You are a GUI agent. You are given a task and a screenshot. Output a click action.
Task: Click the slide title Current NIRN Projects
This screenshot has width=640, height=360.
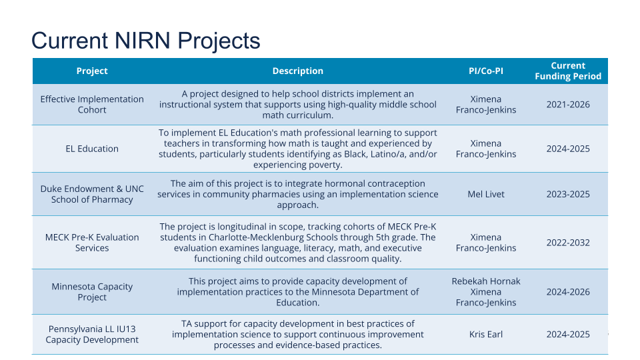pos(146,41)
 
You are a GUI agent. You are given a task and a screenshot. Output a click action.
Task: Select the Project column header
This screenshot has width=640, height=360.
pos(92,71)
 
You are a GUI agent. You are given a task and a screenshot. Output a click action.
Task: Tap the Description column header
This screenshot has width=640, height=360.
pos(297,71)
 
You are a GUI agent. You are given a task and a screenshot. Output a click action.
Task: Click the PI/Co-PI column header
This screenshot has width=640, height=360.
pos(486,71)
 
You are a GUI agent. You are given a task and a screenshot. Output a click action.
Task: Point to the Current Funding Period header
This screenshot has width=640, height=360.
pos(568,71)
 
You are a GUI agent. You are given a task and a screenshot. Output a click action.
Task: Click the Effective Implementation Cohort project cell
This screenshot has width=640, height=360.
pos(92,105)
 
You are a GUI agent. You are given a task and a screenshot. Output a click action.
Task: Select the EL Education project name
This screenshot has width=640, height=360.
pos(92,149)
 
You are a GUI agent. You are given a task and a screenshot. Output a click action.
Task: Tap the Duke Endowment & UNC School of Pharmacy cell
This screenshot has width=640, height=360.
pos(92,194)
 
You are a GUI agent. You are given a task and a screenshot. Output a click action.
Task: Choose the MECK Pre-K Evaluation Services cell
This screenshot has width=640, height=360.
pos(92,243)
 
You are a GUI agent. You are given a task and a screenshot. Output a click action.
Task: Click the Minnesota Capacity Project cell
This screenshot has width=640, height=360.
pos(92,292)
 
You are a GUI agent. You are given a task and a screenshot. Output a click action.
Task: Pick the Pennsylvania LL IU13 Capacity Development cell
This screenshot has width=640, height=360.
pos(92,334)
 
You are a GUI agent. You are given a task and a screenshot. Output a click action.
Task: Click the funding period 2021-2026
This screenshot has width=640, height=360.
pos(568,105)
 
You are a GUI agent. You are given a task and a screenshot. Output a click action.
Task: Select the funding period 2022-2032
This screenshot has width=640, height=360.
pos(568,243)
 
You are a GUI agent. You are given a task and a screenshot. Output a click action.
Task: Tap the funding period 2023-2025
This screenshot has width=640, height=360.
pos(568,194)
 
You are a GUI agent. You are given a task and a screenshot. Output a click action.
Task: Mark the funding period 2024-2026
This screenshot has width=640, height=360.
pos(568,292)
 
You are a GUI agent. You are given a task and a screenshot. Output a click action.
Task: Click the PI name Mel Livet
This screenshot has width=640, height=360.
pos(486,194)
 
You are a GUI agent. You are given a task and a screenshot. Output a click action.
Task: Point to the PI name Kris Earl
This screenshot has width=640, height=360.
pos(486,334)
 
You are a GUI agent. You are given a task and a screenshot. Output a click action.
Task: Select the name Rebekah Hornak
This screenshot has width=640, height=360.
pos(486,281)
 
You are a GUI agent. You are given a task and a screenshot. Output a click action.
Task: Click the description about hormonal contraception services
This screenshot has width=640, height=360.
pos(297,194)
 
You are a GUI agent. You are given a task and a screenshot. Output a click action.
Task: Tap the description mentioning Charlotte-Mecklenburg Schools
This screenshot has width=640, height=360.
pos(297,243)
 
